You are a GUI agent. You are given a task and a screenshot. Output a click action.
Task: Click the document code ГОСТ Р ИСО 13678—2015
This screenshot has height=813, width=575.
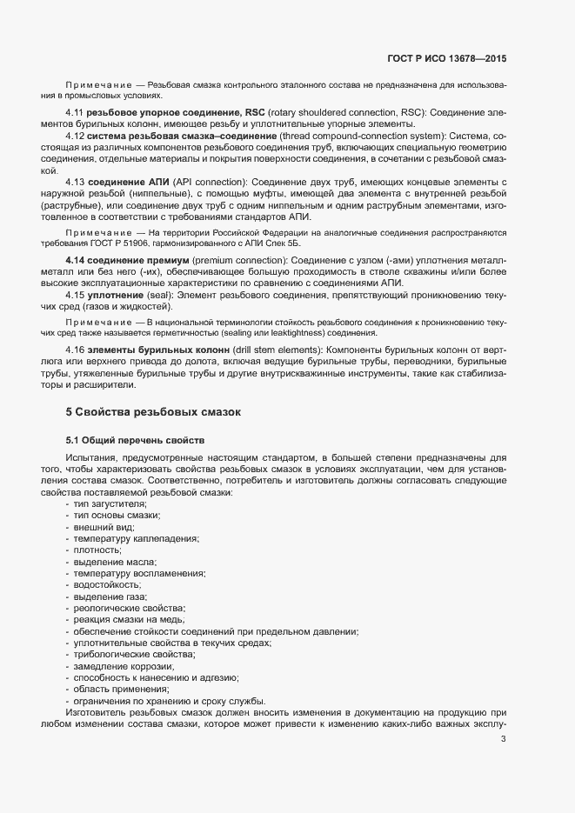point(446,58)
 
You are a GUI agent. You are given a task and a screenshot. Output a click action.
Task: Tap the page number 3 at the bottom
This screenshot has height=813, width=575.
point(504,739)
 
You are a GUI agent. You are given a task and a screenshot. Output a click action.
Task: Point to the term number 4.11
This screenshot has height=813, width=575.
point(74,114)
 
